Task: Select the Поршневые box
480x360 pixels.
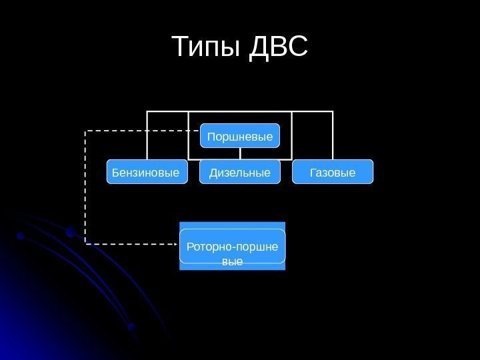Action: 240,136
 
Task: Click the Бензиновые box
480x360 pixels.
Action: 147,172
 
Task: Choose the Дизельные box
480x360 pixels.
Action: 240,172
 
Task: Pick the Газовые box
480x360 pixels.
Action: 333,172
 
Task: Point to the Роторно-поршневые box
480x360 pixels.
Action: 232,246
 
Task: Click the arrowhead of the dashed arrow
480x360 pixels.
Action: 174,244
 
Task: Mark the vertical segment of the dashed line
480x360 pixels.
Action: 85,187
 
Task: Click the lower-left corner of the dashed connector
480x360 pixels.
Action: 85,244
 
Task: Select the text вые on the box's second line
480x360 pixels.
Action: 231,262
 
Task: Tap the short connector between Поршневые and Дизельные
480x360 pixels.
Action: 240,154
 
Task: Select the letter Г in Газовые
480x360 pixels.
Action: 312,173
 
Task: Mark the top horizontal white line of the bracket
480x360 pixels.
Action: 240,111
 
